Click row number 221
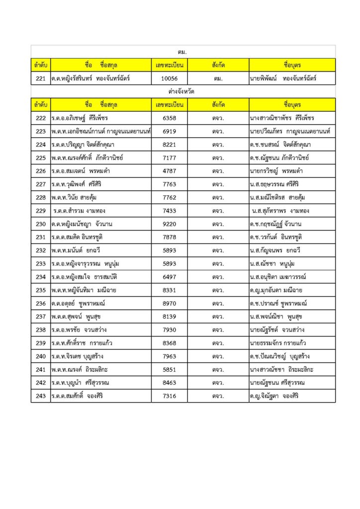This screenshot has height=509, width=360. [41, 79]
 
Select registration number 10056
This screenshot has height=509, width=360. [170, 79]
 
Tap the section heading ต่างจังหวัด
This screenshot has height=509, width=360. [181, 92]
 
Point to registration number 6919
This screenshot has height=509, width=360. [170, 131]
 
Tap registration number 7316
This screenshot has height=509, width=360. [170, 396]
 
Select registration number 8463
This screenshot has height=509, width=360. [170, 383]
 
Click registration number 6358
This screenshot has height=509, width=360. [170, 118]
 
